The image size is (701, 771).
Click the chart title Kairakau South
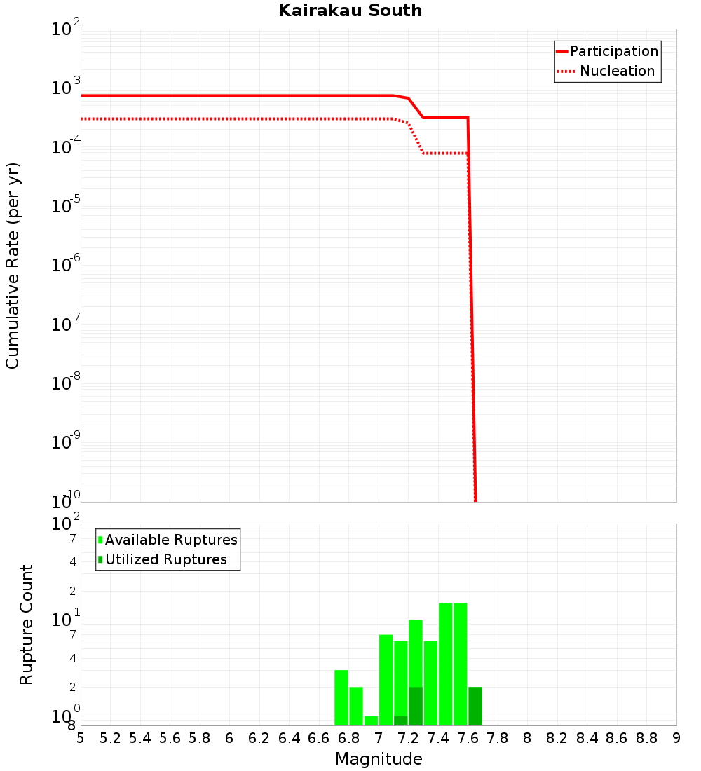[350, 11]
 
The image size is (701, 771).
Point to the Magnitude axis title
[379, 759]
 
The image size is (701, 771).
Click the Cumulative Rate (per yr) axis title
[13, 265]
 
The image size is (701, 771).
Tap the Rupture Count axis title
[27, 625]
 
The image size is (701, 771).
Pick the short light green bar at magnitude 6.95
[371, 721]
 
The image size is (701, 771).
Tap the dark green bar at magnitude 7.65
[475, 706]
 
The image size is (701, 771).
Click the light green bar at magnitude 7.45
[445, 664]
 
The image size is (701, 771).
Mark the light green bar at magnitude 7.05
[386, 680]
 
